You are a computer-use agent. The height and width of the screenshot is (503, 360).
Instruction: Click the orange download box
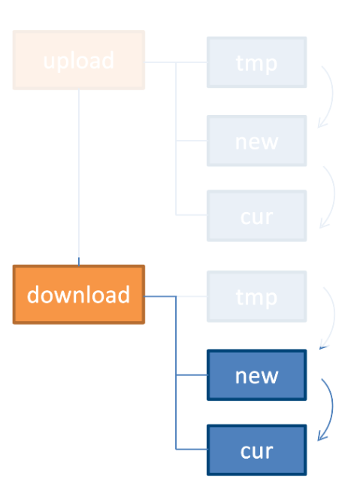tap(79, 295)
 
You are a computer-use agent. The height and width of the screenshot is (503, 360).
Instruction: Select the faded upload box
tap(79, 60)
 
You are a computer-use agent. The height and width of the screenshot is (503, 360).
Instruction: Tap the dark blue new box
tap(256, 375)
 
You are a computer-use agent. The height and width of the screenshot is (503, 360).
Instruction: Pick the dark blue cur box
tap(256, 450)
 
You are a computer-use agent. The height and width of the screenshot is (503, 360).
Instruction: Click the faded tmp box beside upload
tap(256, 62)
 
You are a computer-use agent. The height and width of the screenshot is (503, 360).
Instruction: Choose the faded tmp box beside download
tap(256, 296)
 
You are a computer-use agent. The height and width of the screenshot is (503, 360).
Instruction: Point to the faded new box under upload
tap(256, 141)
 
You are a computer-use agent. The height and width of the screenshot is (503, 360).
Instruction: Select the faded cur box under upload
tap(256, 216)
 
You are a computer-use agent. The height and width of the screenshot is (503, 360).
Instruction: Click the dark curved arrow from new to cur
tap(332, 408)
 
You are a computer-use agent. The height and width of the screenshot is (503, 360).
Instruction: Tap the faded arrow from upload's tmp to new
tap(332, 95)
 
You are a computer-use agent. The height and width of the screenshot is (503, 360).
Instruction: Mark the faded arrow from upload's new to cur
tap(334, 195)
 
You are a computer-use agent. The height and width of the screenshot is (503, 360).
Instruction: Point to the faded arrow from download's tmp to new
tap(334, 316)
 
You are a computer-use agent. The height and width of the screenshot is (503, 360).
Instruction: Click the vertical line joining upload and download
tap(79, 177)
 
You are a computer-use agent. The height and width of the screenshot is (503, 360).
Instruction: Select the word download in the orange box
tap(79, 295)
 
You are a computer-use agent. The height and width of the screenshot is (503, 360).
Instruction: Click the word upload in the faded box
tap(79, 61)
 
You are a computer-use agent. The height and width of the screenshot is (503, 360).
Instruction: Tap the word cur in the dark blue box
tap(256, 451)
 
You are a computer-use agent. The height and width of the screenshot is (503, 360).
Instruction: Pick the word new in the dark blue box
tap(256, 376)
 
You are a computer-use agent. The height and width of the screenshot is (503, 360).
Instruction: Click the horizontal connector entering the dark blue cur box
tap(192, 449)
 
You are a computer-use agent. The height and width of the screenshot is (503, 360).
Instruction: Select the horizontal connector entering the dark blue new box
tap(192, 374)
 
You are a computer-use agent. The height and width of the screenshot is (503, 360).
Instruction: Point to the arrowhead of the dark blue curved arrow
tap(322, 437)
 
